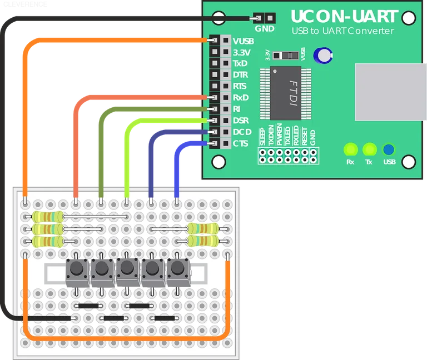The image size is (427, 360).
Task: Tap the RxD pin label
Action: [241, 97]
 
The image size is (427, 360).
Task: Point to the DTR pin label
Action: [241, 74]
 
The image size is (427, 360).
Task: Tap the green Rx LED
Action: [350, 149]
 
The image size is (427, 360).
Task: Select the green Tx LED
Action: [369, 149]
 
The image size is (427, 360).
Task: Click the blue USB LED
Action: [389, 149]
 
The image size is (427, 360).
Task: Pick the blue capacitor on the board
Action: [323, 54]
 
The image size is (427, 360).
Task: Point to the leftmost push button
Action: [76, 270]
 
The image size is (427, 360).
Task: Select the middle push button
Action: [126, 270]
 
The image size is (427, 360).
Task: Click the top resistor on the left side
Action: [47, 216]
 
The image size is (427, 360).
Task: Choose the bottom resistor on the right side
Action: [201, 241]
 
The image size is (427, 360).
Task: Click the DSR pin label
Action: [241, 121]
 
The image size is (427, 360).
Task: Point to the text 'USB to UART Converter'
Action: [342, 31]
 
